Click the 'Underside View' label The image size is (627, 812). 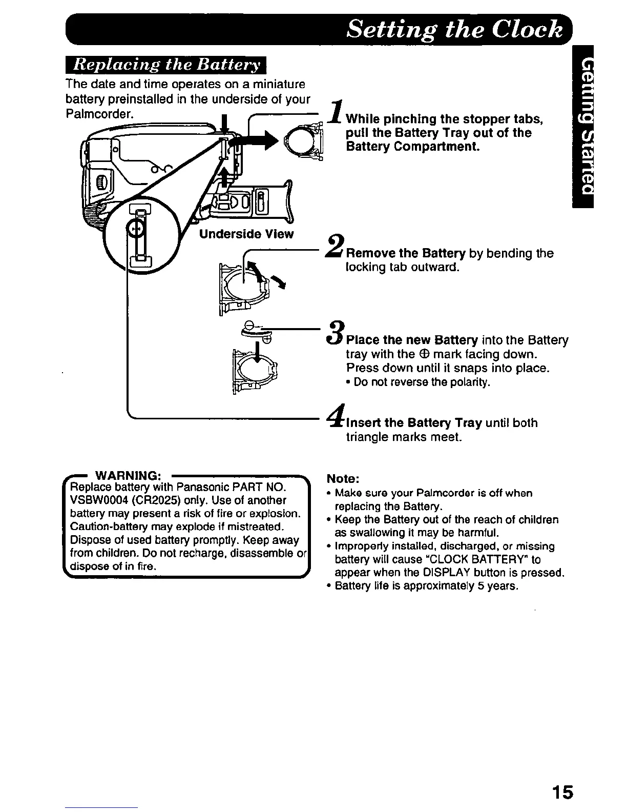(x=246, y=234)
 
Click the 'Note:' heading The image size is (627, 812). (x=343, y=479)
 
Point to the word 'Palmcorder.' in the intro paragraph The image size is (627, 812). (x=99, y=113)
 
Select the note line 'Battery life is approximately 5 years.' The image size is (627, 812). (x=426, y=586)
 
